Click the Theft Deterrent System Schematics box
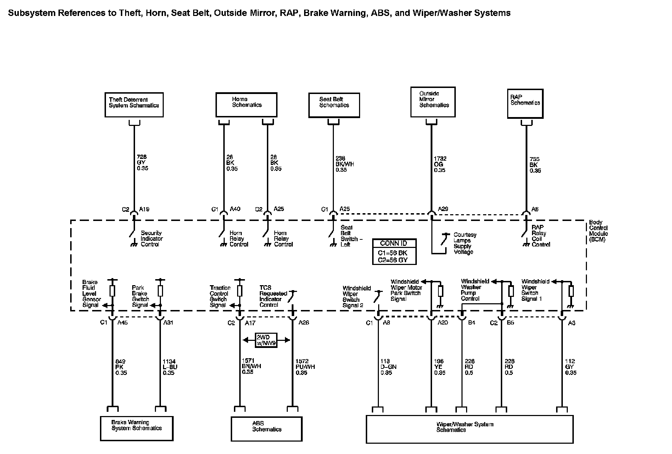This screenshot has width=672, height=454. pos(134,105)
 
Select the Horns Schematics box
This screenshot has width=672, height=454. pos(246,105)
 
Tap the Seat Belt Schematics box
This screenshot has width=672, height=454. pos(334,105)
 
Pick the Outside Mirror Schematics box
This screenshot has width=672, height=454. pos(433,102)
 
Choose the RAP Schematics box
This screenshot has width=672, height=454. pos(525,103)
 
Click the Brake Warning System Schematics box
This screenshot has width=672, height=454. pos(136,428)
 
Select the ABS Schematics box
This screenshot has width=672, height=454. pos(267,428)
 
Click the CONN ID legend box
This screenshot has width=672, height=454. pos(394,251)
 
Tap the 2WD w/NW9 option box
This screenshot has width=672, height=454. pos(267,340)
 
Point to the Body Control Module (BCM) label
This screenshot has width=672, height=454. pos(598,231)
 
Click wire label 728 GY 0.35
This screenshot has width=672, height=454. pos(142,162)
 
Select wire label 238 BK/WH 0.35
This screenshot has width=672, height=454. pos(345,164)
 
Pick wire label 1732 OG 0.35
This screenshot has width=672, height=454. pos(440,165)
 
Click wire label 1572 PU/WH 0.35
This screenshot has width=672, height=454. pos(305,367)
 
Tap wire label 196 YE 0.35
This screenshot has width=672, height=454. pos(439,367)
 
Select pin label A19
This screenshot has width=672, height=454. pos(144,209)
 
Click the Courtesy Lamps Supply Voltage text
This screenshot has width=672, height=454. pos(465,243)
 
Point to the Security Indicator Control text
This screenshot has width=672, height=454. pos(151,239)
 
